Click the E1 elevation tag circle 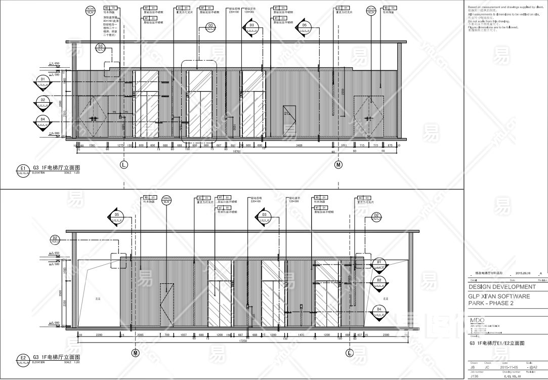pos(23,168)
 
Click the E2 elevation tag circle pos(23,358)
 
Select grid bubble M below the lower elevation pos(135,352)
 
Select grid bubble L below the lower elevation pos(349,352)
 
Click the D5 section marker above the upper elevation pos(304,26)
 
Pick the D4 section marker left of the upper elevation pos(43,120)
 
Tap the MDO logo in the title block pos(477,320)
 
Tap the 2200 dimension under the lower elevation pos(99,335)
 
